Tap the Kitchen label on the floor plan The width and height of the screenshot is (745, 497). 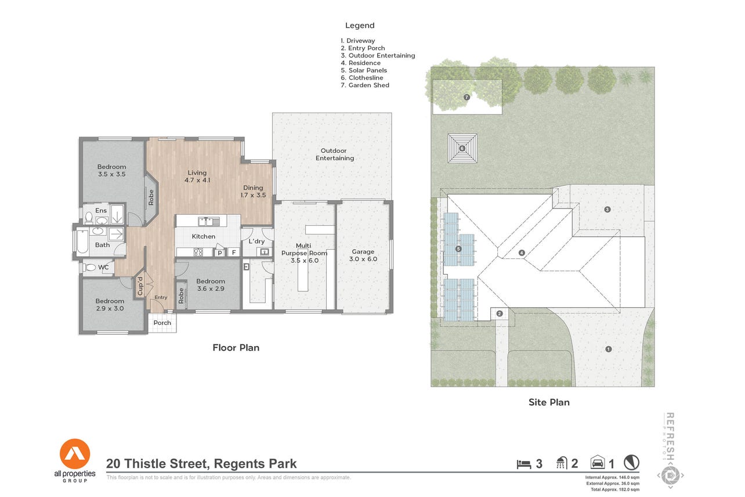coord(204,236)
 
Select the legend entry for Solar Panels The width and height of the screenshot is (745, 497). coord(364,70)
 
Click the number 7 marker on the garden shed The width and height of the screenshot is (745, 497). coord(466,97)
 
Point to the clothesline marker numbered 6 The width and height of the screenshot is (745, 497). coord(462,149)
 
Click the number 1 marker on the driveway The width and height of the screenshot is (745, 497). coord(608,349)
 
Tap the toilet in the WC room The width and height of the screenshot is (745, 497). coord(89,267)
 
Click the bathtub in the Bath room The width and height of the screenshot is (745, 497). coord(82,242)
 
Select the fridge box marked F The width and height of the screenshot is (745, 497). coord(234,253)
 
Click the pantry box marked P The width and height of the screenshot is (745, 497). coord(220,253)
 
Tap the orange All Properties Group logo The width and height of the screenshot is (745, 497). coord(75,454)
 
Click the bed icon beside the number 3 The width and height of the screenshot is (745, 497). coord(523,464)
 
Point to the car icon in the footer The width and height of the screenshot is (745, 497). coord(597,462)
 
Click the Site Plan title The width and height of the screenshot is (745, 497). coord(549,402)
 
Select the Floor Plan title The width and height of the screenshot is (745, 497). coord(236,348)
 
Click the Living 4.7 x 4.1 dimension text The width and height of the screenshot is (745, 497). coord(197,180)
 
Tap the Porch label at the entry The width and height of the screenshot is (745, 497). coord(162,323)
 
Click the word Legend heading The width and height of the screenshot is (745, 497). coord(360,26)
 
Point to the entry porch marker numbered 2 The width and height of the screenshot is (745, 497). coord(499,314)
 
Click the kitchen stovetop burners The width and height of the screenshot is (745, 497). coord(198,252)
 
